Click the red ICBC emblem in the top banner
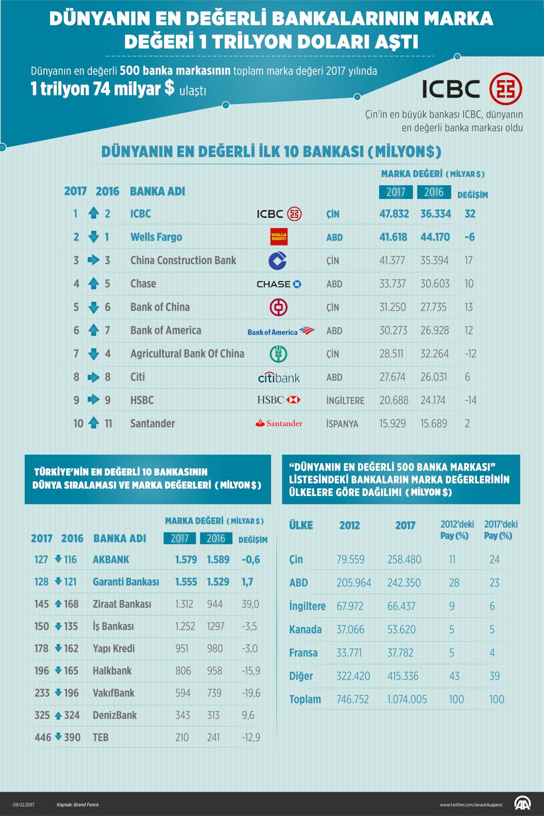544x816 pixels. pos(506,89)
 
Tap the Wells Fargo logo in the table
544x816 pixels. pos(279,237)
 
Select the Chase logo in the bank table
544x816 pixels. pos(279,284)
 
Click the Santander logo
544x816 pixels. pos(279,423)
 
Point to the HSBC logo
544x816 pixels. pos(279,400)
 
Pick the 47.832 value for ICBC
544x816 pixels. pos(394,213)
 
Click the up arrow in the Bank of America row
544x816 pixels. pos(94,330)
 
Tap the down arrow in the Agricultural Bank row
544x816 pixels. pos(94,354)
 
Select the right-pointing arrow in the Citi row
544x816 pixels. pos(93,377)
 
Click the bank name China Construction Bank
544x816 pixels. pos(183,260)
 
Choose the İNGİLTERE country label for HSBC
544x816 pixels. pos(345,400)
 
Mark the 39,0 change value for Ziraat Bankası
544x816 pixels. pos(251,604)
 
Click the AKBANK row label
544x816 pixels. pos(111,559)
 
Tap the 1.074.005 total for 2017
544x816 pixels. pos(407,699)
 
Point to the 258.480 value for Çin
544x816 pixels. pos(404,559)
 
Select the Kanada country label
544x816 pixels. pos(305,629)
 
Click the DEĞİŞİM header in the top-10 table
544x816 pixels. pos(473,195)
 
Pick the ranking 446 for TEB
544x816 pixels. pos(43,737)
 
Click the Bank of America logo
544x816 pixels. pos(281,331)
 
